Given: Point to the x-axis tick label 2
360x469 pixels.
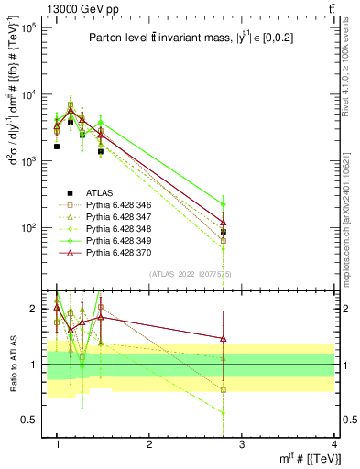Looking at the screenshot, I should coord(149,445).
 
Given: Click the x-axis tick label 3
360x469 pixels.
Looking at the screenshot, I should coord(242,445).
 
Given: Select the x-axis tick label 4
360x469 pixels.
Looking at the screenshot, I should coord(333,445).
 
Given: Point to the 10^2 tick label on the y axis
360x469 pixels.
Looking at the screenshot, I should coord(28,227).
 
